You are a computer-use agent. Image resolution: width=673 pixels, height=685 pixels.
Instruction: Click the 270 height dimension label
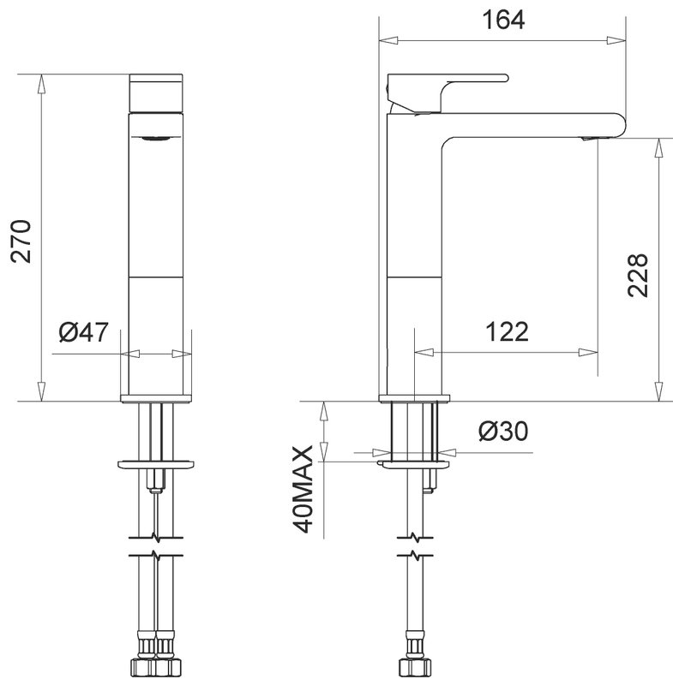click(21, 241)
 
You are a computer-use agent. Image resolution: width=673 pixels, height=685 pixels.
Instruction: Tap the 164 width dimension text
click(503, 20)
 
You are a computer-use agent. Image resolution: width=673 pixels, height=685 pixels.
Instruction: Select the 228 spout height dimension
click(638, 275)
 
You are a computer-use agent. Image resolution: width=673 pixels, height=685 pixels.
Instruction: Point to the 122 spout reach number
click(508, 331)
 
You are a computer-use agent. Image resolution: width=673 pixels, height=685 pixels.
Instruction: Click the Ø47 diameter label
click(83, 332)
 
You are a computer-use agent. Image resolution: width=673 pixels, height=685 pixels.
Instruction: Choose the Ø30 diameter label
click(503, 432)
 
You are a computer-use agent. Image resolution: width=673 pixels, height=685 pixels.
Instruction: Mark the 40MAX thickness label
click(303, 489)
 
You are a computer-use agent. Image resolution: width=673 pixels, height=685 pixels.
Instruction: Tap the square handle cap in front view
click(156, 93)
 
